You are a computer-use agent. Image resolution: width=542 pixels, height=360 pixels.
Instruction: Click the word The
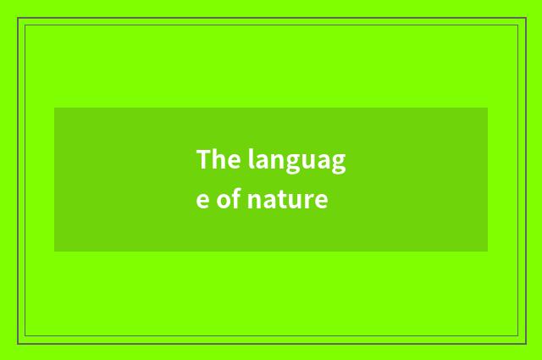218,159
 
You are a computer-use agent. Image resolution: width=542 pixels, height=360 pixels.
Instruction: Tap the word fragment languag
297,161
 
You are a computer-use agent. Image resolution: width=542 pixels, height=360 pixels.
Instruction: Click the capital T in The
204,159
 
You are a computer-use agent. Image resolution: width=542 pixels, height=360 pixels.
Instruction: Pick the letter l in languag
251,158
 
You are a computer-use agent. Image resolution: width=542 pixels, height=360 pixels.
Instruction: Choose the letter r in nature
310,203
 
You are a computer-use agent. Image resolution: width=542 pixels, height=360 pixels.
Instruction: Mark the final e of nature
321,203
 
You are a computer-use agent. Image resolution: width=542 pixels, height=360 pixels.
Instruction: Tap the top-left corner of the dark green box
54,108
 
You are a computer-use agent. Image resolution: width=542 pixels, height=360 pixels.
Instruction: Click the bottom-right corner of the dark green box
487,251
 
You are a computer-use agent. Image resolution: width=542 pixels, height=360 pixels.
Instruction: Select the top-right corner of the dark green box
487,108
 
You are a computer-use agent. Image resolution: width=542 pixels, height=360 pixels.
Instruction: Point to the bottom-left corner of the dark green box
54,251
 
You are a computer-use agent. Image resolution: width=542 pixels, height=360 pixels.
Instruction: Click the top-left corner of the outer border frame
18,18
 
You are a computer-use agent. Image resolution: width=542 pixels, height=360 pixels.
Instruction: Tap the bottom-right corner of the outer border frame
525,343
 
